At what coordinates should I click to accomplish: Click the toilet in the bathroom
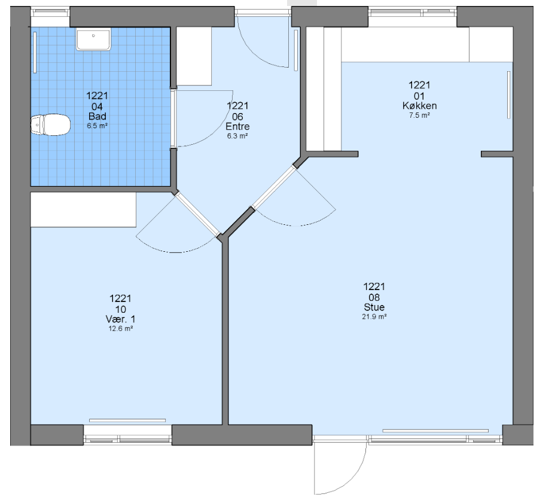[x=50, y=125]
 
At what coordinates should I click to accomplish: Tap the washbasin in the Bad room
[x=93, y=39]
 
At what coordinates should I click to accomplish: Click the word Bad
[x=97, y=117]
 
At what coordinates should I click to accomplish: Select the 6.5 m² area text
[x=97, y=126]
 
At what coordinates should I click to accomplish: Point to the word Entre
[x=237, y=126]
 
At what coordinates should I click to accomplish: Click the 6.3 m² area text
[x=237, y=136]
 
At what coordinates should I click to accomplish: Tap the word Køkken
[x=420, y=106]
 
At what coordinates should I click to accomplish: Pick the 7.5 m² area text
[x=420, y=115]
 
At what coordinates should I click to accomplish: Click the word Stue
[x=374, y=307]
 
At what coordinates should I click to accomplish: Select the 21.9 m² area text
[x=374, y=317]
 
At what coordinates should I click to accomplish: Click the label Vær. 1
[x=120, y=319]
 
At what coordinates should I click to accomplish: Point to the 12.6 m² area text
[x=121, y=328]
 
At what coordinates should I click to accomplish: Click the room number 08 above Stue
[x=374, y=297]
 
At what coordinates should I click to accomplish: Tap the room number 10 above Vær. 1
[x=120, y=309]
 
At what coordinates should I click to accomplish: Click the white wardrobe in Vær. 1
[x=83, y=209]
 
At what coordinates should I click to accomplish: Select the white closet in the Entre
[x=194, y=56]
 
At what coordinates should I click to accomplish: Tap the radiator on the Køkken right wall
[x=508, y=95]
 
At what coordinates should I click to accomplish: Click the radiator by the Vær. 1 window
[x=127, y=420]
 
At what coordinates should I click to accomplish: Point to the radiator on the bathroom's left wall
[x=35, y=52]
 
